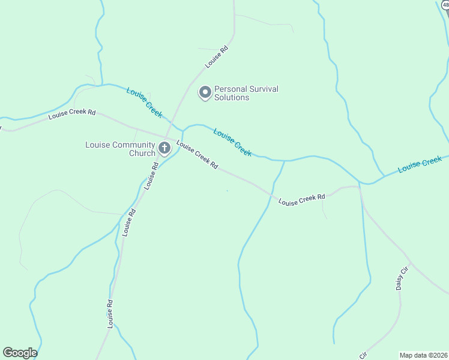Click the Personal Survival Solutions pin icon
pyautogui.click(x=205, y=92)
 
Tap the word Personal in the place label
pyautogui.click(x=231, y=89)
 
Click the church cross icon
pyautogui.click(x=164, y=148)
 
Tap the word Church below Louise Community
pyautogui.click(x=142, y=153)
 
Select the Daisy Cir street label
pyautogui.click(x=402, y=278)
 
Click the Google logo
pyautogui.click(x=20, y=353)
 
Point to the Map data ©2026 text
pyautogui.click(x=424, y=355)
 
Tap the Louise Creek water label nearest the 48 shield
pyautogui.click(x=420, y=164)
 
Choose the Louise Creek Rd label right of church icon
pyautogui.click(x=197, y=155)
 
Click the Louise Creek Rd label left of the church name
pyautogui.click(x=72, y=114)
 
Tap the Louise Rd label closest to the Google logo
pyautogui.click(x=111, y=314)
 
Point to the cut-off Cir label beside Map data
pyautogui.click(x=363, y=355)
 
